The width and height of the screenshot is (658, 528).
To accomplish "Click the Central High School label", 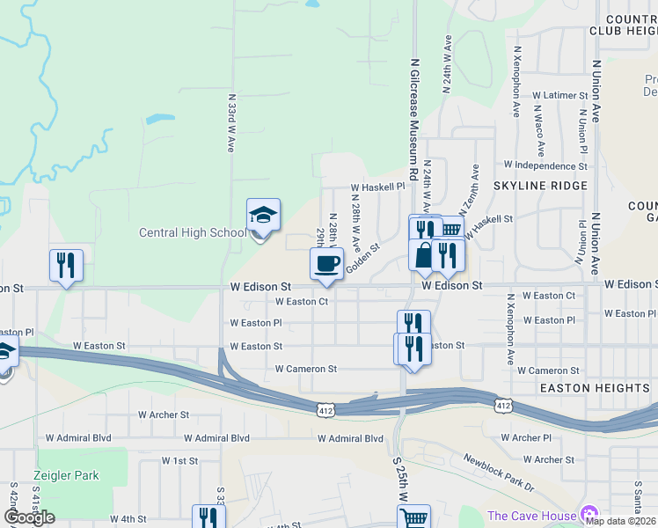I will (x=193, y=233).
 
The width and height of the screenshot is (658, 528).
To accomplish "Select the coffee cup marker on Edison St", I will (x=327, y=264).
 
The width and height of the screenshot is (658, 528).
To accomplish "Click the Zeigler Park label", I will (x=66, y=475).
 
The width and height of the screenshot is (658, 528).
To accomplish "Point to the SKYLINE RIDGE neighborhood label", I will (x=540, y=186).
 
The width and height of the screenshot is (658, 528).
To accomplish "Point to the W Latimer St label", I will (x=559, y=95).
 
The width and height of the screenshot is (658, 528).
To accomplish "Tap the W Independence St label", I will (x=545, y=165).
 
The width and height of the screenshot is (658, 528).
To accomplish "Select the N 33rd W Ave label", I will (x=230, y=124).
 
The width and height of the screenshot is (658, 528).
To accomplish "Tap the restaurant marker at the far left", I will (x=66, y=265).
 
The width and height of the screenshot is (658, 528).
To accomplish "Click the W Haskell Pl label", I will (x=377, y=187).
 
